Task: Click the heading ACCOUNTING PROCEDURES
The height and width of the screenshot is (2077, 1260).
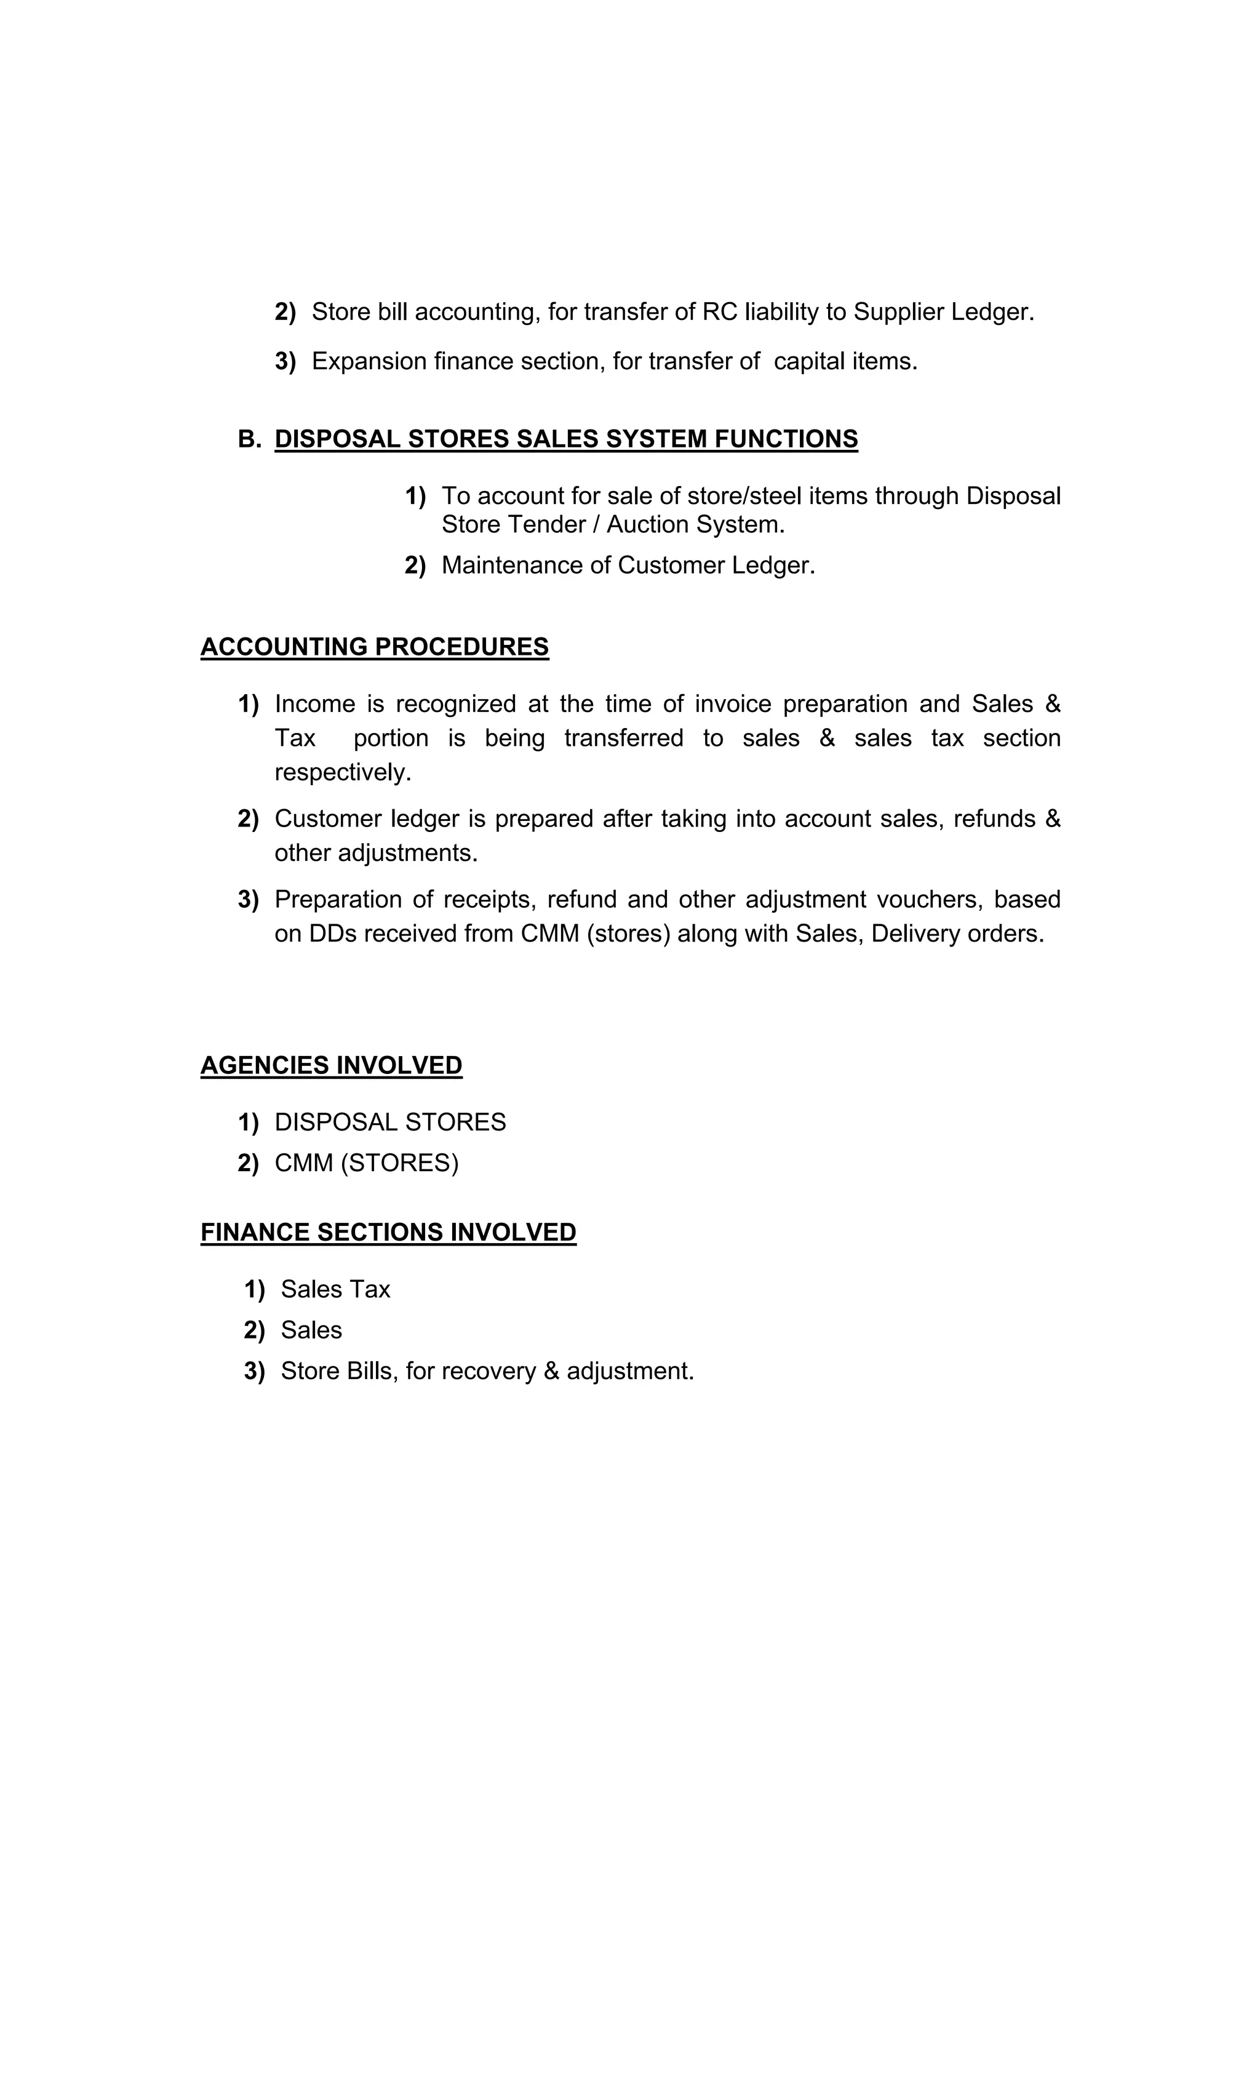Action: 374,647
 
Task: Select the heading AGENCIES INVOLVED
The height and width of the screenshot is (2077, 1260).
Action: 331,1065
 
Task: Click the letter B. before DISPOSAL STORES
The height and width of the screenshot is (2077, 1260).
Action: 249,439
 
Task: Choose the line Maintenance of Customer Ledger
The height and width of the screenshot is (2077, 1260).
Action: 628,565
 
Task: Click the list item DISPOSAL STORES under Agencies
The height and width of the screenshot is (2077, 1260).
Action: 389,1122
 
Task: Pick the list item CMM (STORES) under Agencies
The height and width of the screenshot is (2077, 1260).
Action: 366,1163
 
